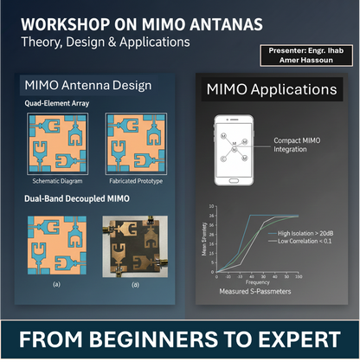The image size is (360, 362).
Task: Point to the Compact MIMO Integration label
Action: pyautogui.click(x=296, y=144)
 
